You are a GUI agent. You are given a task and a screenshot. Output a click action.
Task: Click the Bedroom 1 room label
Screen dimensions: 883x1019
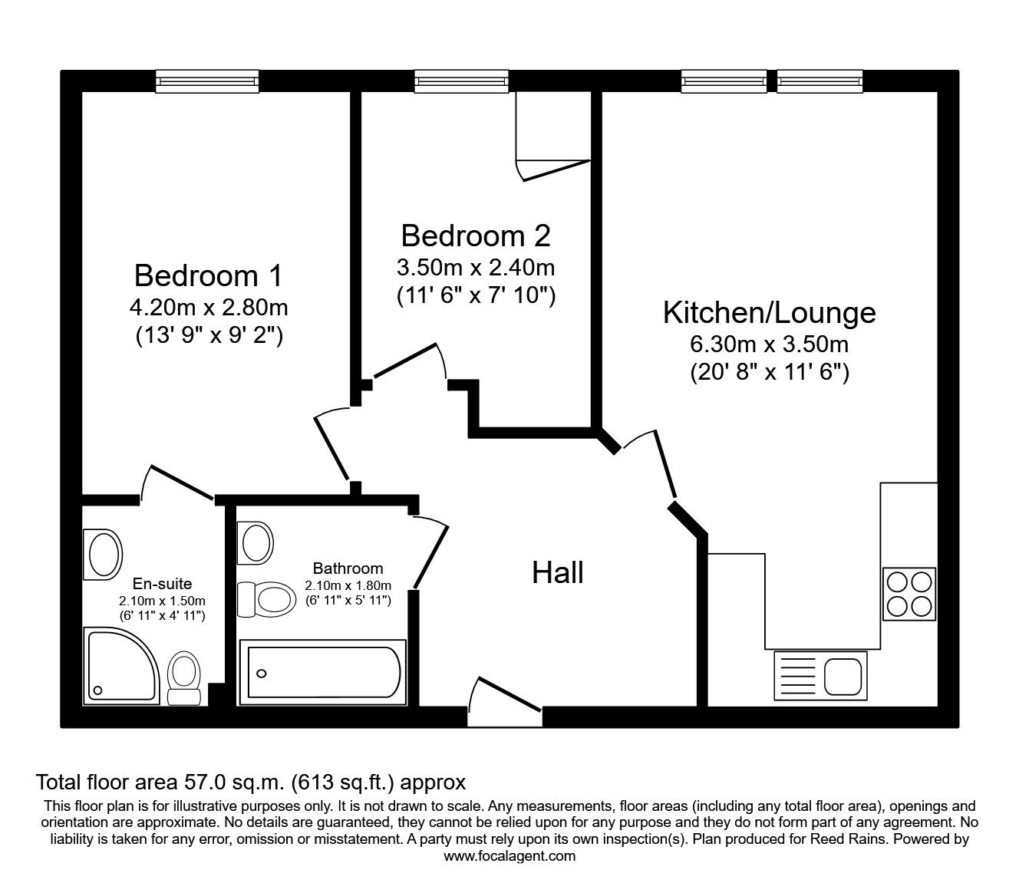pos(208,275)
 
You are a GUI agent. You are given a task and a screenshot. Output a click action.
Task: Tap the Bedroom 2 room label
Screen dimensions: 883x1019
pos(476,236)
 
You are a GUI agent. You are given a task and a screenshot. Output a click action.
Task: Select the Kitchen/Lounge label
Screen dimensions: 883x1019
pos(769,313)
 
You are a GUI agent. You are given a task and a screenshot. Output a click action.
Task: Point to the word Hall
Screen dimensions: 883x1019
pos(558,573)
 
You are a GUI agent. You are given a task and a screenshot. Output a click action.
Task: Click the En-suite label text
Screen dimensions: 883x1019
pos(162,583)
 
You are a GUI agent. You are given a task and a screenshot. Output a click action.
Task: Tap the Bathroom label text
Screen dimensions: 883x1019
pos(348,568)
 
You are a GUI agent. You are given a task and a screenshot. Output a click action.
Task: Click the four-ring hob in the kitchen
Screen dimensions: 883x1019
pos(909,594)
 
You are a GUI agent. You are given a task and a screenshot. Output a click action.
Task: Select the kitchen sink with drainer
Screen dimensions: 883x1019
pos(820,675)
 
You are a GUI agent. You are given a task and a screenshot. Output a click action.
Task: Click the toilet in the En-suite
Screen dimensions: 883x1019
pos(184,678)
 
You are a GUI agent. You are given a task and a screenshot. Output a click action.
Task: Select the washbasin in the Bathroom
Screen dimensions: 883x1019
pos(256,542)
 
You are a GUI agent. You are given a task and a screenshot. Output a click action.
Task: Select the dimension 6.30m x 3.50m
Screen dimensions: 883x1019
pos(769,344)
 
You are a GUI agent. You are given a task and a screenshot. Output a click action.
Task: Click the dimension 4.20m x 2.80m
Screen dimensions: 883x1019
pos(208,308)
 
